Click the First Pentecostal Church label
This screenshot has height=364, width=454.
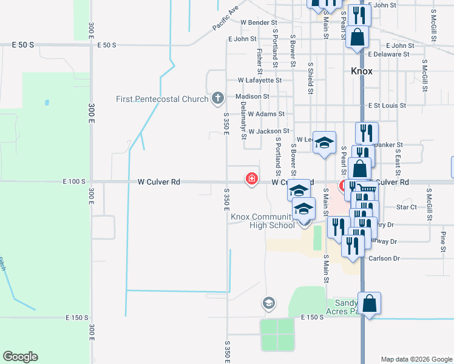pos(163,98)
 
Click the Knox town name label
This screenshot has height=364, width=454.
pos(362,71)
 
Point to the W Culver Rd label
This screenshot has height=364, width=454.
pos(159,181)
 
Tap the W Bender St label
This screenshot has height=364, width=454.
pos(259,22)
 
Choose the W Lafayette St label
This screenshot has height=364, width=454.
pos(260,79)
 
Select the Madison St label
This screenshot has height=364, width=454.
pos(249,96)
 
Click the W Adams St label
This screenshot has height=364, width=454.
pos(265,114)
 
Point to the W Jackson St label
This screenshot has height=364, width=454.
pos(269,131)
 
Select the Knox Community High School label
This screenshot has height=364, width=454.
pos(262,221)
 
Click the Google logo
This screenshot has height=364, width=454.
pos(20,357)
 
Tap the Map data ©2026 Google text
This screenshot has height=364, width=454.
pos(416,359)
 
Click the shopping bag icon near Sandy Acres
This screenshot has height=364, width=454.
pos(369,303)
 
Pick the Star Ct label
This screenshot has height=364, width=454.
pos(405,207)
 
